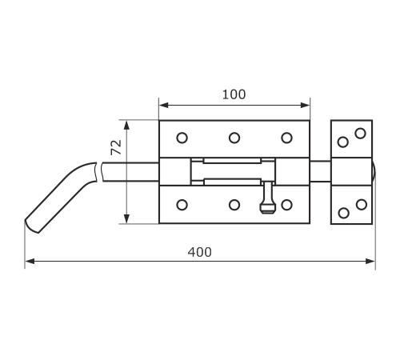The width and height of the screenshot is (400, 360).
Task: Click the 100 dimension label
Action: tap(234, 94)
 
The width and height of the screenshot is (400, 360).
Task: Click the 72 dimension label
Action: tap(116, 147)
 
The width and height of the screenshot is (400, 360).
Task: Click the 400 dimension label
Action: tap(200, 252)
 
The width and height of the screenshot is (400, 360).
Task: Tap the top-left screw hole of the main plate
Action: tap(182, 138)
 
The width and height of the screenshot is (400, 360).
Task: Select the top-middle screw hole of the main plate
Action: tap(234, 138)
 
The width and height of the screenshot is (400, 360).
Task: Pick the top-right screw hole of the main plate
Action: tap(286, 138)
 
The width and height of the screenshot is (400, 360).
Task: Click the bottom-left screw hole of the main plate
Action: tap(182, 205)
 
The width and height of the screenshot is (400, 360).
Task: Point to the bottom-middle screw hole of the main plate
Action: tap(234, 205)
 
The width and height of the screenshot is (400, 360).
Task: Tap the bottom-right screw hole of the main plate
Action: tap(286, 205)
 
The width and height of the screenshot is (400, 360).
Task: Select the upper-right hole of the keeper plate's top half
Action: tap(360, 134)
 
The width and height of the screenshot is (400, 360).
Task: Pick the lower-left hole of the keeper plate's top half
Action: tap(343, 142)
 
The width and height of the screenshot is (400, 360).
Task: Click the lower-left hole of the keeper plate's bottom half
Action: tap(344, 213)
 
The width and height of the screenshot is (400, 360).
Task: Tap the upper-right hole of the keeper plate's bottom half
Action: tap(362, 205)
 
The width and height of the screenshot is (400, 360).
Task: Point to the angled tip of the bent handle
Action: tap(31, 226)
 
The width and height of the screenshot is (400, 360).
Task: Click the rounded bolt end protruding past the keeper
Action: tap(374, 172)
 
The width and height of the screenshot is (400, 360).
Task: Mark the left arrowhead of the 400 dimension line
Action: tap(30, 261)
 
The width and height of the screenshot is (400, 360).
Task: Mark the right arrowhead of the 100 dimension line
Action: tap(305, 105)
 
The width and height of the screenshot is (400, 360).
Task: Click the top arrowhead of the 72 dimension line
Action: tap(126, 126)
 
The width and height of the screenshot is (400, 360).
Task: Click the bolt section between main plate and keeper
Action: tap(320, 171)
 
